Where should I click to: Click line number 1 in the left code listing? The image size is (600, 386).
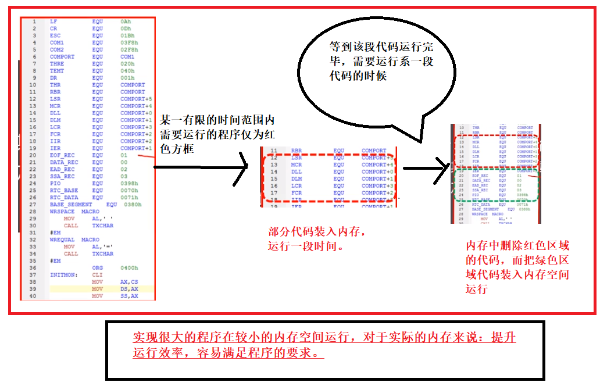[34, 22]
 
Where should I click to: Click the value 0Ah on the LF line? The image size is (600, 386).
[126, 22]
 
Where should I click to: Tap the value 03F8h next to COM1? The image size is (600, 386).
[128, 42]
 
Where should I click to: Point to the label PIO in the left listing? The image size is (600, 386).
[55, 183]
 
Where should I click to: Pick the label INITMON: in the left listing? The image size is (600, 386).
[62, 275]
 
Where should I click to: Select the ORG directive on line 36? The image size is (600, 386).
[97, 268]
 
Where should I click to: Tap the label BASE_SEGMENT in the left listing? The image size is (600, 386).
[70, 205]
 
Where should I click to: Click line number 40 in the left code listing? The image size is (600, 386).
[33, 296]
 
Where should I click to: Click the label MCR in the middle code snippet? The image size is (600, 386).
[297, 165]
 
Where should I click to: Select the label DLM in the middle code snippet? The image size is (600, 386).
[297, 178]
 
